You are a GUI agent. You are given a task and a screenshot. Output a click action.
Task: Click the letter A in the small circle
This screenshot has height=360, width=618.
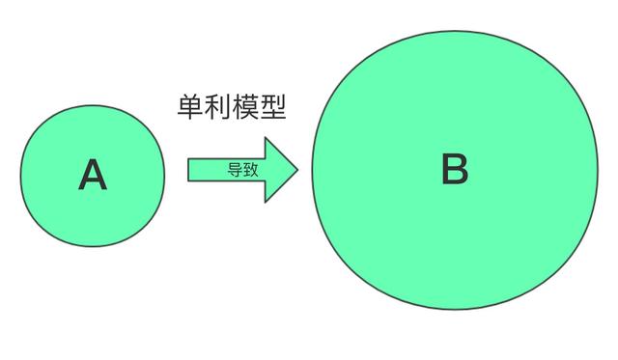[x=92, y=175]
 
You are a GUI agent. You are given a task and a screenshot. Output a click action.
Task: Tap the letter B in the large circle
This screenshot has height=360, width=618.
[x=454, y=170]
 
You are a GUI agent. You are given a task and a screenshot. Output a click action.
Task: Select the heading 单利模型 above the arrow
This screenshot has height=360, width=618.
[x=232, y=106]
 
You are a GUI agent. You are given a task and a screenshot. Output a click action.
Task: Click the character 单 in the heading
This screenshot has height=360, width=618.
[x=190, y=106]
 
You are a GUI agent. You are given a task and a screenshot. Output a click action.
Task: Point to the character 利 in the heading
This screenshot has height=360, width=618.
[x=218, y=106]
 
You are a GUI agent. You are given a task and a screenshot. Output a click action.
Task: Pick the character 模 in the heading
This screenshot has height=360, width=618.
[x=246, y=106]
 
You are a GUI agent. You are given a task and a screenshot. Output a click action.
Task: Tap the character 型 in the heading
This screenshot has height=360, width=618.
[x=274, y=106]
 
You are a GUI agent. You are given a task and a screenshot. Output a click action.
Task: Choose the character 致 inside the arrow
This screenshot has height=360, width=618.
[x=248, y=170]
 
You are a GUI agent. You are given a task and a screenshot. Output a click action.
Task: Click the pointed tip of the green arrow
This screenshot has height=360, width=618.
[x=297, y=170]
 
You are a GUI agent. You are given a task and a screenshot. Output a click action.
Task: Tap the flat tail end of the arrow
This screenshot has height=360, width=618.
[x=189, y=170]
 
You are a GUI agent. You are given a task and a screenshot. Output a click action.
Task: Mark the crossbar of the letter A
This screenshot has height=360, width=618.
[x=92, y=180]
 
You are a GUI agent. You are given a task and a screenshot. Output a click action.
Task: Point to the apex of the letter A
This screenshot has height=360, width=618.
[x=92, y=160]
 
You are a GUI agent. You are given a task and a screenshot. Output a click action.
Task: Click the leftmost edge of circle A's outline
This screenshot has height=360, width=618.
[x=20, y=175]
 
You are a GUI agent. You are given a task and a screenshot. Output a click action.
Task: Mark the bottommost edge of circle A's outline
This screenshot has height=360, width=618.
[x=92, y=246]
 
